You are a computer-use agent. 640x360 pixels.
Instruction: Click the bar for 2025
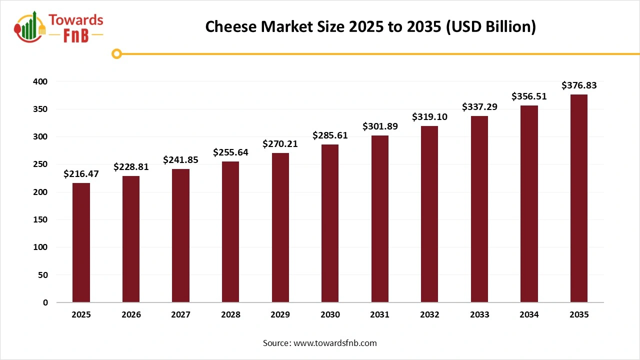coord(81,242)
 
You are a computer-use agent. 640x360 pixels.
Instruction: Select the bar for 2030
coord(330,223)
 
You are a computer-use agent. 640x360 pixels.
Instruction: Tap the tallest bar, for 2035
coord(579,198)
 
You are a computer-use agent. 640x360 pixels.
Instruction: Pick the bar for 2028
coord(230,232)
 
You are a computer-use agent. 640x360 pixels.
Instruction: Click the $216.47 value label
coord(81,174)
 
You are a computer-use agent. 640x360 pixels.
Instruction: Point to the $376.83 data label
coord(579,85)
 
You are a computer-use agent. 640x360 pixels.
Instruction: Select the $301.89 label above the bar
coord(380,126)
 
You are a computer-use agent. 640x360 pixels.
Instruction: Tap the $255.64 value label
coord(230,152)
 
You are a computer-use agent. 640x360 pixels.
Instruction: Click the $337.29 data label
coord(479,106)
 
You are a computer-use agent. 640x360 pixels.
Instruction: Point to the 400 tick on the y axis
coord(41,81)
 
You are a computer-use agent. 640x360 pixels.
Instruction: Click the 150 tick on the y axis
coord(41,219)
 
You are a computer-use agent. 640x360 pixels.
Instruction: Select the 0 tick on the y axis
coord(45,302)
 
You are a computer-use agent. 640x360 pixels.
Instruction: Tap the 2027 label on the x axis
coord(180,315)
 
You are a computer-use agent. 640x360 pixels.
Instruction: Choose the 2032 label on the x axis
coord(429,315)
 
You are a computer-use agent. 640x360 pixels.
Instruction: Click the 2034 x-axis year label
coord(529,315)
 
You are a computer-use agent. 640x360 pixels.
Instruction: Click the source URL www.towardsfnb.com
coord(334,343)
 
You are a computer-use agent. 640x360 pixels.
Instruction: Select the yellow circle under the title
coord(116,53)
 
